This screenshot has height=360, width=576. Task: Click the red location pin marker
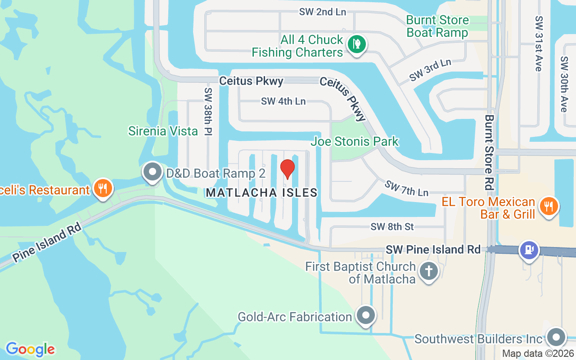(x=288, y=169)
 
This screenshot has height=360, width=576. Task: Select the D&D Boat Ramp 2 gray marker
(x=152, y=172)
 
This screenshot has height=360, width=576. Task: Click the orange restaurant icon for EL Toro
(x=548, y=207)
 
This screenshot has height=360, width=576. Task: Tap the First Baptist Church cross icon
(x=429, y=272)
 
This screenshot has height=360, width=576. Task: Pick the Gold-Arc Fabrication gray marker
(x=366, y=316)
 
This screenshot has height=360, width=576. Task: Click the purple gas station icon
(x=529, y=250)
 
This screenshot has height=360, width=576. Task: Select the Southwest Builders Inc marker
(x=556, y=337)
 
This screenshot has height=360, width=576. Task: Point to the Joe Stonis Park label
(x=355, y=141)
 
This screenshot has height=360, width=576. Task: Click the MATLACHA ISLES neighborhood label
(x=262, y=193)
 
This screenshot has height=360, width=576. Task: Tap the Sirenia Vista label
(x=163, y=131)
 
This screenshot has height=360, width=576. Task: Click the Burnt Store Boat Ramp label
(x=437, y=27)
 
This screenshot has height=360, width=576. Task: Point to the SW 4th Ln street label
(x=283, y=101)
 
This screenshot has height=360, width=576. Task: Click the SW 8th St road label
(x=392, y=227)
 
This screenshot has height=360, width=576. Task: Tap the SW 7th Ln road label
(x=406, y=188)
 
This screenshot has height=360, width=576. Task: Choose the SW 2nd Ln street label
(x=323, y=12)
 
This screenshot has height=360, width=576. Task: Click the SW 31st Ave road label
(x=539, y=43)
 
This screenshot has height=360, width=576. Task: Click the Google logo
(x=30, y=349)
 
